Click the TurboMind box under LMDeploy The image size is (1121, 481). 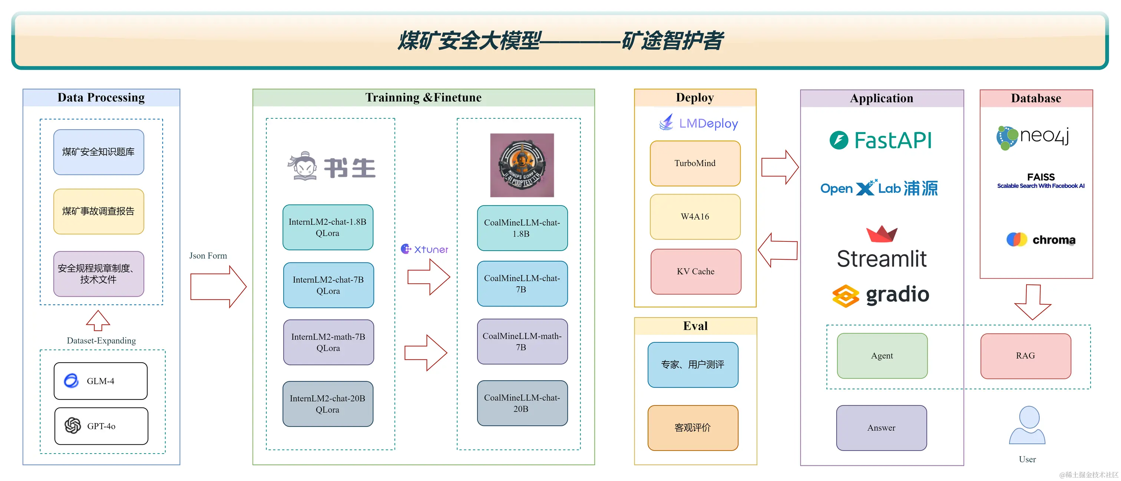click(x=695, y=163)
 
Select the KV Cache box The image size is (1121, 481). click(x=695, y=271)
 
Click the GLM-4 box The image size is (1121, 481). click(x=100, y=381)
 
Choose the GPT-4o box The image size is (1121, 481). click(x=101, y=426)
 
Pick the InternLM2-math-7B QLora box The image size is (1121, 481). click(x=328, y=342)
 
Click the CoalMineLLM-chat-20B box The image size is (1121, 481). click(x=522, y=403)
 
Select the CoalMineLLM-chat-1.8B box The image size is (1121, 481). click(x=522, y=228)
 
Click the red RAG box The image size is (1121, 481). click(x=1025, y=356)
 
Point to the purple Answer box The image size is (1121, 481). click(x=881, y=428)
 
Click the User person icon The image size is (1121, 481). click(x=1028, y=425)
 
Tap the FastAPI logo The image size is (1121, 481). click(x=881, y=140)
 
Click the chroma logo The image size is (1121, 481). click(x=1041, y=240)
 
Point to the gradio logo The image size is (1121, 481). click(x=881, y=296)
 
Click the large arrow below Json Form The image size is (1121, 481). click(x=218, y=286)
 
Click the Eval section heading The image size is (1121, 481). click(x=695, y=326)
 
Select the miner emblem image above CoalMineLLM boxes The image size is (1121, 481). click(x=522, y=165)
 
